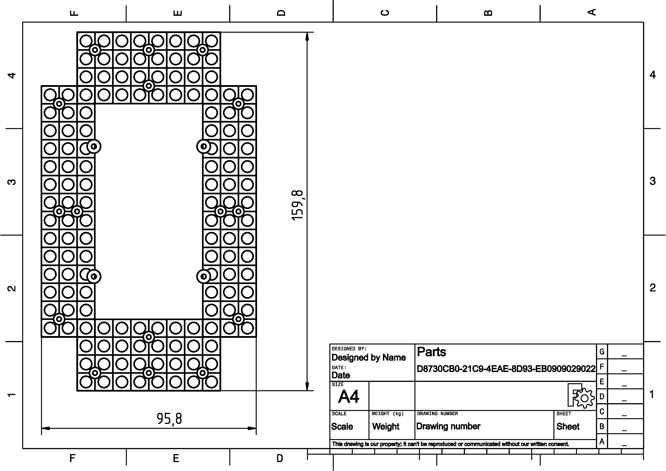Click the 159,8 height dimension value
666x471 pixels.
pyautogui.click(x=298, y=205)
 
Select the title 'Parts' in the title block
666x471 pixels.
pyautogui.click(x=431, y=352)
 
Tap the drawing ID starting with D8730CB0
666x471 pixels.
pyautogui.click(x=506, y=369)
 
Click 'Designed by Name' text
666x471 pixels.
pyautogui.click(x=368, y=358)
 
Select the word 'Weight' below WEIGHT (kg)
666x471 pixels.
pyautogui.click(x=386, y=426)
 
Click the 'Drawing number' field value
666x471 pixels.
pyautogui.click(x=448, y=426)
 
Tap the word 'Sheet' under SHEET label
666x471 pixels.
pyautogui.click(x=568, y=426)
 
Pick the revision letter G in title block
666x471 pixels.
pyautogui.click(x=602, y=352)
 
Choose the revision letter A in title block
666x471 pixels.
pyautogui.click(x=602, y=441)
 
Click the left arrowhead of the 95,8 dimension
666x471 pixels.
pyautogui.click(x=46, y=428)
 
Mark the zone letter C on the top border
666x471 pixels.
pyautogui.click(x=385, y=13)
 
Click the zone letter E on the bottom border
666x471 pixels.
pyautogui.click(x=176, y=458)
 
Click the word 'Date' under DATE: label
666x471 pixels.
pyautogui.click(x=341, y=375)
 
